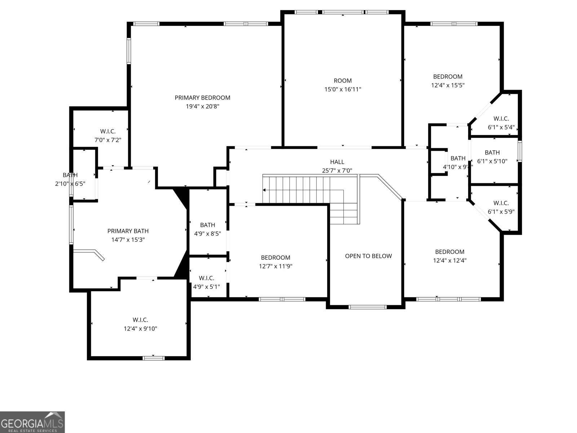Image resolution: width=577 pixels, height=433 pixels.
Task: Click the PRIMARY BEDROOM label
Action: [202, 97]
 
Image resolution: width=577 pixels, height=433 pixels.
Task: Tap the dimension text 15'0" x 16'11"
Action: [343, 89]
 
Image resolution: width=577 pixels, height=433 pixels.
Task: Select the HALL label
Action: [337, 162]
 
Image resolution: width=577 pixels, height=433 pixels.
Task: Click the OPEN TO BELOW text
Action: [368, 256]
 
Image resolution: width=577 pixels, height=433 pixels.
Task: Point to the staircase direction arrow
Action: [265, 190]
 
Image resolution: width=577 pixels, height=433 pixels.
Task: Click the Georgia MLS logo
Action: [32, 422]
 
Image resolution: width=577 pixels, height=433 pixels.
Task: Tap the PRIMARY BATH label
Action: [128, 231]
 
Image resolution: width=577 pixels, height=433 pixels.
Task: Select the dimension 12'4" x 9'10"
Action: [140, 328]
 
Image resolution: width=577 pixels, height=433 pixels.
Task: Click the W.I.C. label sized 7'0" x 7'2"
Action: [108, 131]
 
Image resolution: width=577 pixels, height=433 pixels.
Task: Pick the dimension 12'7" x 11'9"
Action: [276, 266]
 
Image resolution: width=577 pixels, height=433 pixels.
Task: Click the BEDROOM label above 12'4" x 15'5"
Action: [448, 76]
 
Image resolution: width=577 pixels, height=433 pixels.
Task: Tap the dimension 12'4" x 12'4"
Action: [450, 260]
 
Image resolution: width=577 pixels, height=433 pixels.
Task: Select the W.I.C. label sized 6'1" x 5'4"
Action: [501, 118]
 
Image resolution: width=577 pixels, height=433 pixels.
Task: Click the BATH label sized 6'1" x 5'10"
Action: [492, 152]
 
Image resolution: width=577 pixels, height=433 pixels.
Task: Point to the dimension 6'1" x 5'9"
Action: [501, 212]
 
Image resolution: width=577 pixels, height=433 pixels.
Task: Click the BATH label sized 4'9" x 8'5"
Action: [207, 225]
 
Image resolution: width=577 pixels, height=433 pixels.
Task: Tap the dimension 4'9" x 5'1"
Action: [207, 287]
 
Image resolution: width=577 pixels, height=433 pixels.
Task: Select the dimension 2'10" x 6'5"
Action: [70, 184]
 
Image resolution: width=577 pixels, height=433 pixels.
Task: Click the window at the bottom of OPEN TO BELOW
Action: [367, 307]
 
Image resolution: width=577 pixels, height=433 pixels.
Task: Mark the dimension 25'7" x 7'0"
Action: [337, 171]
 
